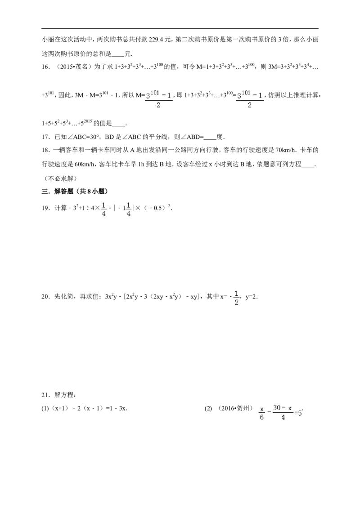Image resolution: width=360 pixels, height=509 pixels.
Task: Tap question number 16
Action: coord(45,67)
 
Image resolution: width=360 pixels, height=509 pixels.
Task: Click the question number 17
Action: coord(45,137)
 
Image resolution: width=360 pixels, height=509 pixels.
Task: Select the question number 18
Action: coord(45,150)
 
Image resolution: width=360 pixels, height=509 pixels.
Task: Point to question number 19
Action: coord(45,208)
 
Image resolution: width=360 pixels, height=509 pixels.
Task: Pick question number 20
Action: coord(45,296)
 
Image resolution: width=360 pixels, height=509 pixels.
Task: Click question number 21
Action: coord(45,395)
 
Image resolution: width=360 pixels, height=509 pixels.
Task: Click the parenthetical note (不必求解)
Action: coord(59,179)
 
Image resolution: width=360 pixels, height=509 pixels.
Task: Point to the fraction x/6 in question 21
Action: coord(262,413)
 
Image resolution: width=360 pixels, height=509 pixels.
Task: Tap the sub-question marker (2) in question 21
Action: coord(208,408)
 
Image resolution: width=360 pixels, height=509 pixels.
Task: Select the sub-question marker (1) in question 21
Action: coord(45,408)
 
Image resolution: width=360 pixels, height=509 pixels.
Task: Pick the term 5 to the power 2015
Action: coord(87,123)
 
